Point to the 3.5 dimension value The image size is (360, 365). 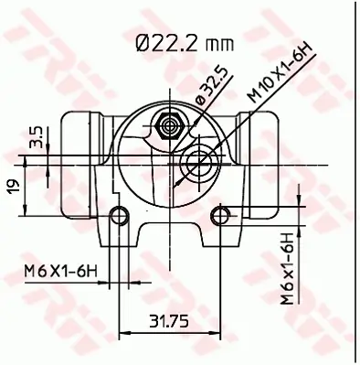coord(35,137)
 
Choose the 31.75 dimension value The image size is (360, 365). coord(168,321)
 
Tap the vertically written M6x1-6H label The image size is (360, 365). coord(288,267)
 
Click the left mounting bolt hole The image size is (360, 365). coord(116,216)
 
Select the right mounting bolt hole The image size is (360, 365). coord(219,216)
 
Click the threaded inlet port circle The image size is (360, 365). coord(196,166)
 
